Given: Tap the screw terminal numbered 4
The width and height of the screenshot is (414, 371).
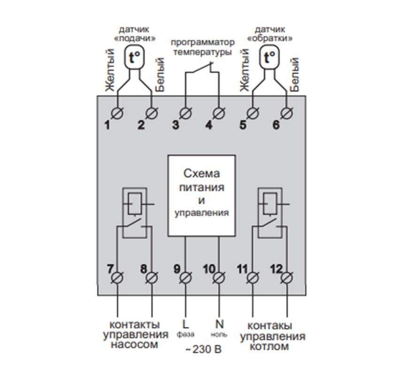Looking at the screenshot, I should click(219, 113).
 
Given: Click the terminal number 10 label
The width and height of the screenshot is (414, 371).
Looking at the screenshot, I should click(209, 269).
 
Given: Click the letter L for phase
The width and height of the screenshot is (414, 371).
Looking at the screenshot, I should click(184, 324).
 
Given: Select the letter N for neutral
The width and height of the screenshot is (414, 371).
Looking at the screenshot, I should click(219, 324).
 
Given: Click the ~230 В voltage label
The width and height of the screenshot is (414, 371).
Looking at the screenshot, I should click(202, 350).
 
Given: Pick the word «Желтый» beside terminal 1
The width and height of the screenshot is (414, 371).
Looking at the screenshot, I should click(109, 70).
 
